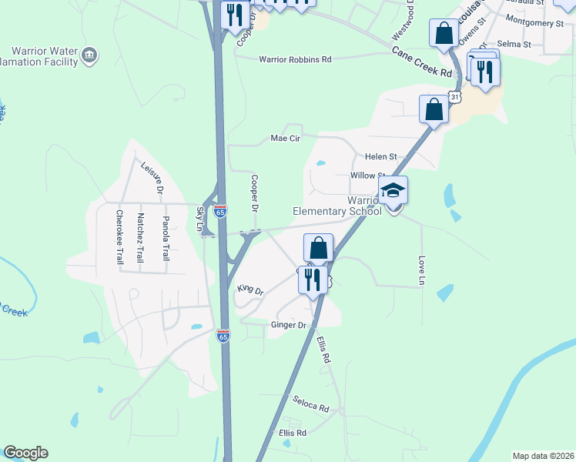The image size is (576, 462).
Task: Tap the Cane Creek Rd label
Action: tap(420, 61)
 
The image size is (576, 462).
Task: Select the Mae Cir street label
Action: tap(284, 139)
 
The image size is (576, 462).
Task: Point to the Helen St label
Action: tap(380, 156)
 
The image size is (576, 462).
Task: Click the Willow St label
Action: tap(367, 176)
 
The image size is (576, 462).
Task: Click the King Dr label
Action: tap(250, 290)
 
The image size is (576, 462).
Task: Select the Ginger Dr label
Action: tap(289, 325)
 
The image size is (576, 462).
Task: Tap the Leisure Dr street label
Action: tap(152, 176)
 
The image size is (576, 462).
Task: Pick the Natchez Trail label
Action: tap(140, 236)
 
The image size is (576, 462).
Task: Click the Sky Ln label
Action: tap(200, 220)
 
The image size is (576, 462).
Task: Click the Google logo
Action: tap(25, 453)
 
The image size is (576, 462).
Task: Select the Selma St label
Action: tap(514, 45)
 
